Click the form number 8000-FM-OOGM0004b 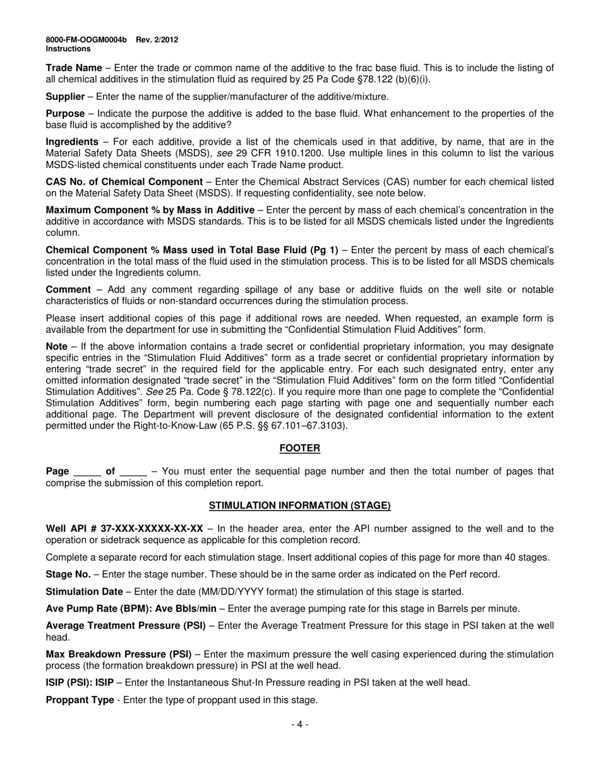coord(86,40)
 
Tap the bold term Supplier coord(65,97)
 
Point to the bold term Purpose coord(65,114)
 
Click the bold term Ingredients coord(72,142)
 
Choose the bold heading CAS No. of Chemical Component coord(124,182)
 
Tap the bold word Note coord(57,347)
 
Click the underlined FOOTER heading coord(300,449)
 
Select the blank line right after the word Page coord(88,472)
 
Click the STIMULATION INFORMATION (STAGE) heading coord(300,505)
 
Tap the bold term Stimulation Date coord(85,592)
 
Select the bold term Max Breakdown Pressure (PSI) coord(119,654)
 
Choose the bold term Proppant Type coord(80,700)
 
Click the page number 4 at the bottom coord(300,725)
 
